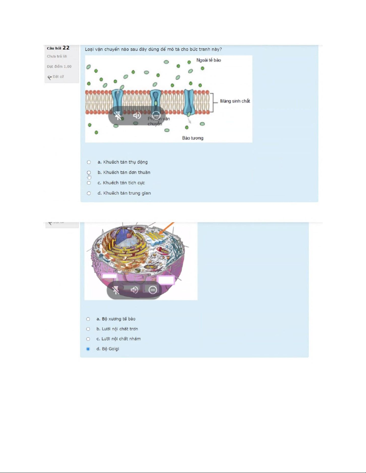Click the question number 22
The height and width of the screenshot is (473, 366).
click(66, 48)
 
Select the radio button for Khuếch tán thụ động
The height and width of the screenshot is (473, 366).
click(89, 162)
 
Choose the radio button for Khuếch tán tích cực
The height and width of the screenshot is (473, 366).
click(89, 183)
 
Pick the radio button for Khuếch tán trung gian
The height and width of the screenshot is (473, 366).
click(89, 193)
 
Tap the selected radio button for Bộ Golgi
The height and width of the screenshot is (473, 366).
click(88, 349)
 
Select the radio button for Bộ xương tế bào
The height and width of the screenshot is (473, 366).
click(88, 319)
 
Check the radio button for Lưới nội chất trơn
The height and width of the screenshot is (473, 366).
click(88, 329)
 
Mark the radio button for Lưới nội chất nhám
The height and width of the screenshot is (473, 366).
click(88, 339)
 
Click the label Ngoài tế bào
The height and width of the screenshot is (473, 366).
click(209, 60)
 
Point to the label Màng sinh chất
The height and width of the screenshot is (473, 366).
click(235, 101)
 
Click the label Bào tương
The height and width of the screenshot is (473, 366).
click(193, 138)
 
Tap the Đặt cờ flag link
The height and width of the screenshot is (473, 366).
click(56, 77)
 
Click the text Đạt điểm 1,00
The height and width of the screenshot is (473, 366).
click(59, 67)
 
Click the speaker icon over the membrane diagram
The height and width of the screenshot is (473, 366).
click(137, 115)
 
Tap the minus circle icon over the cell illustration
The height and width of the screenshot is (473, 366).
click(153, 290)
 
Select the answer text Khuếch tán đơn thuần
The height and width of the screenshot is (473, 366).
click(127, 172)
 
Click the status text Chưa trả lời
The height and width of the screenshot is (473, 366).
click(57, 56)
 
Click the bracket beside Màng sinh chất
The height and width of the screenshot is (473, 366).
click(212, 103)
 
